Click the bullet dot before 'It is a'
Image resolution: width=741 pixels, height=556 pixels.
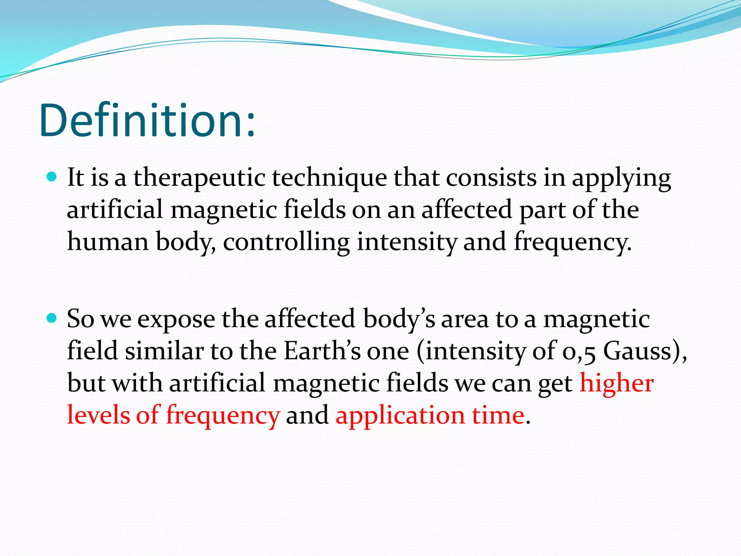coord(52,177)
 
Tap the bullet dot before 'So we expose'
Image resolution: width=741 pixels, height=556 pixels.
coord(52,318)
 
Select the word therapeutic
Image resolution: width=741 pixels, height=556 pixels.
coord(199,178)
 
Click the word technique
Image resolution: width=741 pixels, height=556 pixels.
coord(329,178)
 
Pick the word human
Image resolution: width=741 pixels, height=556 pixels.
coord(108,242)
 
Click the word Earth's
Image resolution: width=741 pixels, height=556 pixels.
coord(322,351)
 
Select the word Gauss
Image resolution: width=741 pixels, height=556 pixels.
coord(637,351)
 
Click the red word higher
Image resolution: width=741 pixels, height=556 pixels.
coord(617,383)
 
